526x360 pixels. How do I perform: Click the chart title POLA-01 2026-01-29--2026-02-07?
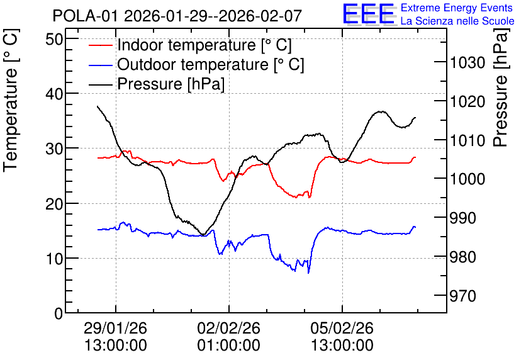pyautogui.click(x=177, y=16)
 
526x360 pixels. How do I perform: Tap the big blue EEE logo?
pyautogui.click(x=369, y=14)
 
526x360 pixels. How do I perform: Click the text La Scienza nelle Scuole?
pyautogui.click(x=457, y=21)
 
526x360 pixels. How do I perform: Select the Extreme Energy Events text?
pyautogui.click(x=457, y=8)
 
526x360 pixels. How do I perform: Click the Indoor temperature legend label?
pyautogui.click(x=204, y=45)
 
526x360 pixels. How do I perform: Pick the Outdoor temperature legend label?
pyautogui.click(x=210, y=64)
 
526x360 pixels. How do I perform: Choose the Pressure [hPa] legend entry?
pyautogui.click(x=171, y=84)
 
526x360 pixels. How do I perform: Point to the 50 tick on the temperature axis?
pyautogui.click(x=54, y=39)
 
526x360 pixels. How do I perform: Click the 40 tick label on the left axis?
pyautogui.click(x=54, y=94)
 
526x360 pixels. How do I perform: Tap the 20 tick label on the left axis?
pyautogui.click(x=54, y=204)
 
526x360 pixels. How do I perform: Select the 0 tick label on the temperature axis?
pyautogui.click(x=59, y=313)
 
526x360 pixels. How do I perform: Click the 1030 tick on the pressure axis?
pyautogui.click(x=467, y=63)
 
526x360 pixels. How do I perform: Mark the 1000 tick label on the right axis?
pyautogui.click(x=467, y=179)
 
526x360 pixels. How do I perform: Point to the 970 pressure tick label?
pyautogui.click(x=462, y=296)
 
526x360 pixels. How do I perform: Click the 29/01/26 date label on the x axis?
pyautogui.click(x=115, y=328)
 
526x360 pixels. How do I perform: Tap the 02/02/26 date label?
pyautogui.click(x=229, y=328)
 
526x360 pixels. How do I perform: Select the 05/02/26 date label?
pyautogui.click(x=342, y=328)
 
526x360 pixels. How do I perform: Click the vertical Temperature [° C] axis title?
pyautogui.click(x=11, y=101)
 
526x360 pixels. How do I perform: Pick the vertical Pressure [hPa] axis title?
pyautogui.click(x=501, y=87)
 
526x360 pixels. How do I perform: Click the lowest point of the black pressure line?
pyautogui.click(x=203, y=235)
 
